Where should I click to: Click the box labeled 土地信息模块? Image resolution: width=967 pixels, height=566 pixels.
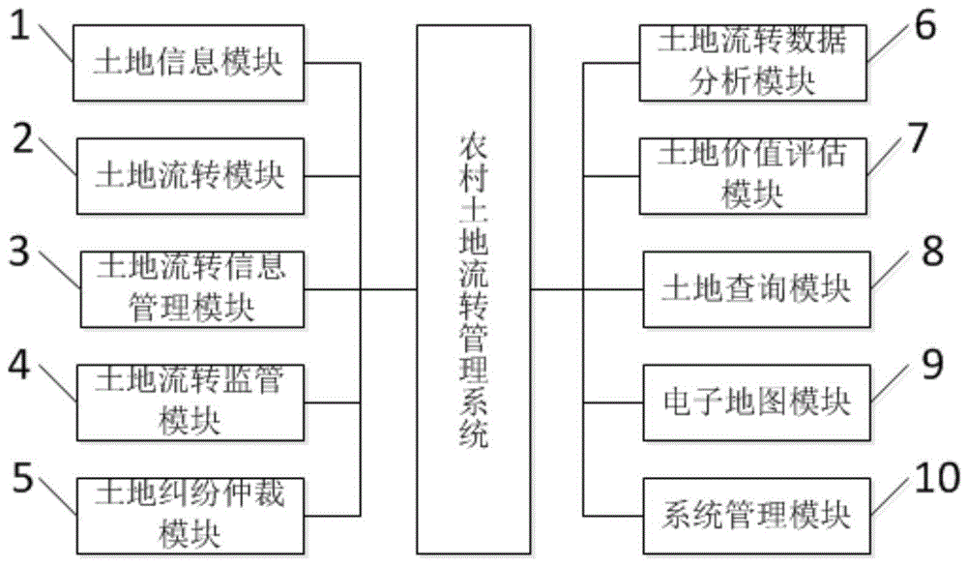(190, 64)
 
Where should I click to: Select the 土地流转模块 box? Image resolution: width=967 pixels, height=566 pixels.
(190, 176)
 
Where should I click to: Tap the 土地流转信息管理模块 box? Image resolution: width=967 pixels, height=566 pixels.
(190, 287)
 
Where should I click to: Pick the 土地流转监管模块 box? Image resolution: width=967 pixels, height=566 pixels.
(190, 400)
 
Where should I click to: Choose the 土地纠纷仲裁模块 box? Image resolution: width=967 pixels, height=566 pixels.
(190, 510)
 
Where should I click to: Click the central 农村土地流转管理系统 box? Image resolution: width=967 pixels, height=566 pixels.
(473, 288)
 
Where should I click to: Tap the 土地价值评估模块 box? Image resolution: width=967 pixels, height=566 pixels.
(754, 175)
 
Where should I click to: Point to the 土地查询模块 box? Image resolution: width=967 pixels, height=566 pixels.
(754, 287)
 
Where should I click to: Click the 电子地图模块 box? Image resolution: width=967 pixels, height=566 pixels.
(754, 400)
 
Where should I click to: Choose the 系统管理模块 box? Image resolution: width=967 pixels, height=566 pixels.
(754, 512)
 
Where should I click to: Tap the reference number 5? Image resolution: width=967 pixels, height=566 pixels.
(23, 479)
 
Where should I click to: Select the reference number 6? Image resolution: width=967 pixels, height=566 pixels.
(924, 27)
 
